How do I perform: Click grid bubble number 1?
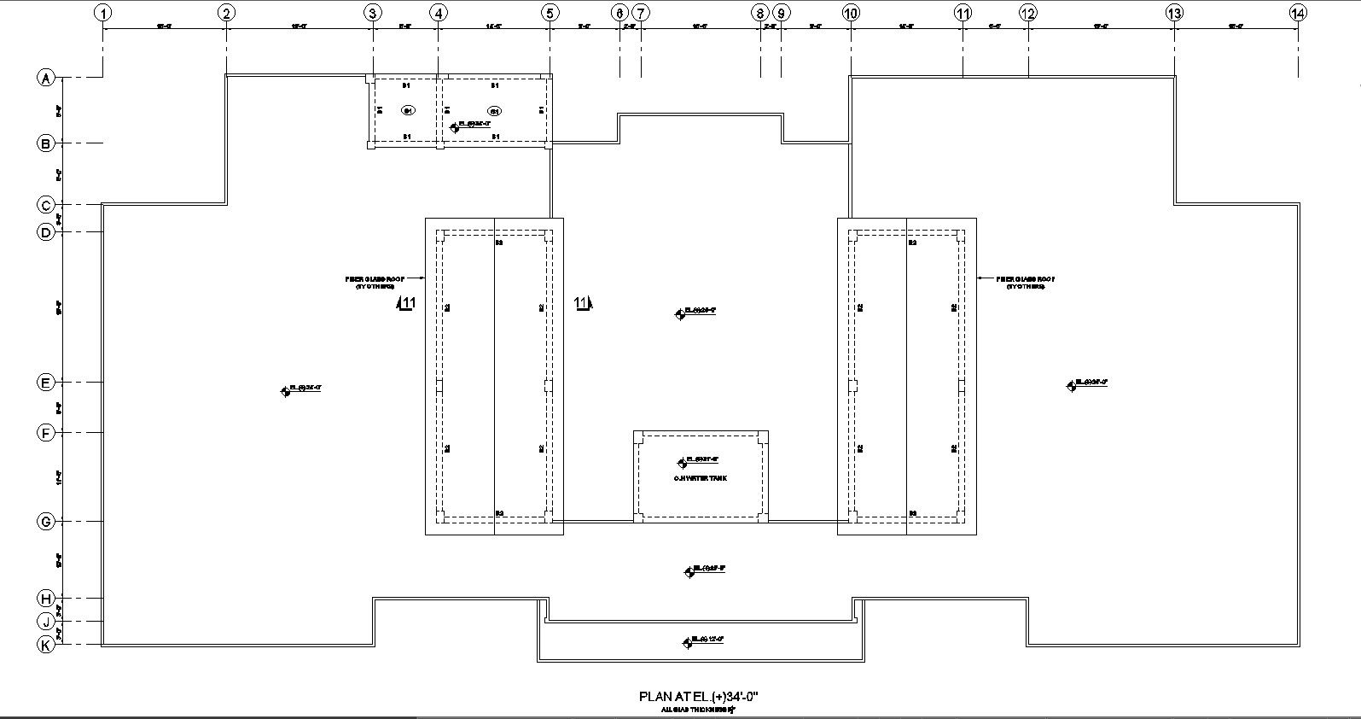click(x=102, y=13)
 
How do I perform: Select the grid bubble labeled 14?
click(x=1298, y=13)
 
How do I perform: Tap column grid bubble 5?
click(x=550, y=13)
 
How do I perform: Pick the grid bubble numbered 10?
click(x=851, y=13)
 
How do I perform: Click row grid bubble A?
click(x=46, y=79)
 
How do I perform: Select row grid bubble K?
click(x=46, y=645)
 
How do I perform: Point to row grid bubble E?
click(x=46, y=383)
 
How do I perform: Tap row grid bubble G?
click(x=46, y=521)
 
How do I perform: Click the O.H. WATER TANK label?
click(x=701, y=479)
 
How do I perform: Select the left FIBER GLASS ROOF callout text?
click(x=375, y=283)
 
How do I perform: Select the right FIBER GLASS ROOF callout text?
click(x=1026, y=283)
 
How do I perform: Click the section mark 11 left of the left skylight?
click(x=407, y=303)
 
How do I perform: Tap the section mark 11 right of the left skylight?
click(x=583, y=303)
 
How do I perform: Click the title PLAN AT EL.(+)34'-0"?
click(x=698, y=697)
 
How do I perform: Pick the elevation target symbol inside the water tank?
click(x=681, y=463)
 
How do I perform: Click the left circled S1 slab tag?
click(x=409, y=111)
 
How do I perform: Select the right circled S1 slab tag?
click(x=494, y=111)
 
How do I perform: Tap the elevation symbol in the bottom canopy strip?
click(x=687, y=642)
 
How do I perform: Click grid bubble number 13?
click(x=1175, y=13)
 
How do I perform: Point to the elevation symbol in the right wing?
click(x=1071, y=386)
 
